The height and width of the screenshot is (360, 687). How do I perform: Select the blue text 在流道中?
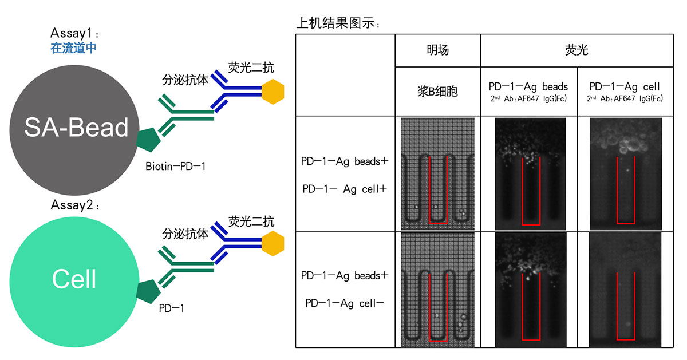coord(73,48)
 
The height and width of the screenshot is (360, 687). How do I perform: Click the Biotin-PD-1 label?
coord(175,167)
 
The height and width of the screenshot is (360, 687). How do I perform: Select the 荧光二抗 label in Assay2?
coord(251,220)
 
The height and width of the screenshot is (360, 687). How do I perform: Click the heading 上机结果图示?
coord(338,23)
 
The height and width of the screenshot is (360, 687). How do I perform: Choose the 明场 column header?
coord(437,50)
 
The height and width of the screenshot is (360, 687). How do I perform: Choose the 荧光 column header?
coord(576,50)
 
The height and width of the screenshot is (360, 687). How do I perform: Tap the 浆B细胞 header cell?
coord(437,91)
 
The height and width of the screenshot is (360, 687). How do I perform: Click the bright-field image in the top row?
coord(438,173)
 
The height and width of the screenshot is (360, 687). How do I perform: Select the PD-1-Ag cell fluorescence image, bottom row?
coord(625,290)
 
